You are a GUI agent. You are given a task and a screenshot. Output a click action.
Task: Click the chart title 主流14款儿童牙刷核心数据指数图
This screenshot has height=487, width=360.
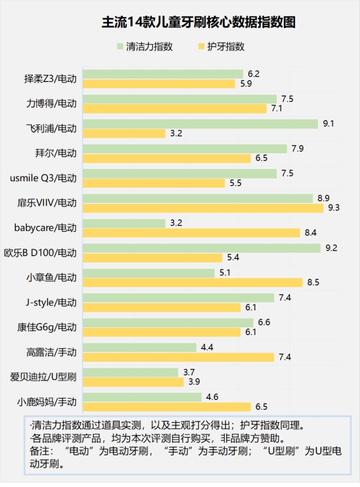180,22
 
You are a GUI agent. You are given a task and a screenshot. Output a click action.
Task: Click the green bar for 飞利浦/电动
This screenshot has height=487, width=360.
202,123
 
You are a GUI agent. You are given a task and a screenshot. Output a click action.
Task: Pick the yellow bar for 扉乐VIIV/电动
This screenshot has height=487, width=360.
203,208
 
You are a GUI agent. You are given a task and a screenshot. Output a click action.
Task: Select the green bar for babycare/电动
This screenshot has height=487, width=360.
123,223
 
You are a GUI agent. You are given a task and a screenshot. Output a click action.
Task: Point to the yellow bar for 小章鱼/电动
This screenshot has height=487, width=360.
192,282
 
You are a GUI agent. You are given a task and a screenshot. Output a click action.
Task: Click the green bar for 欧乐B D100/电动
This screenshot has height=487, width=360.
201,248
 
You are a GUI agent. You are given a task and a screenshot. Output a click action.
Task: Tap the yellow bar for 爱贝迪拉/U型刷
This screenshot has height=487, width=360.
133,382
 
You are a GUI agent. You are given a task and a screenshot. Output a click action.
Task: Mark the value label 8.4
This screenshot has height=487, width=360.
311,232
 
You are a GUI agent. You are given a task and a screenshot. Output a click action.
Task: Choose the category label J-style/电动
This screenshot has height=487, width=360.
52,302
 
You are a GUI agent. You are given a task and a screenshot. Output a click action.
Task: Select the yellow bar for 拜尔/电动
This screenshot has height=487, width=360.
166,158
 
